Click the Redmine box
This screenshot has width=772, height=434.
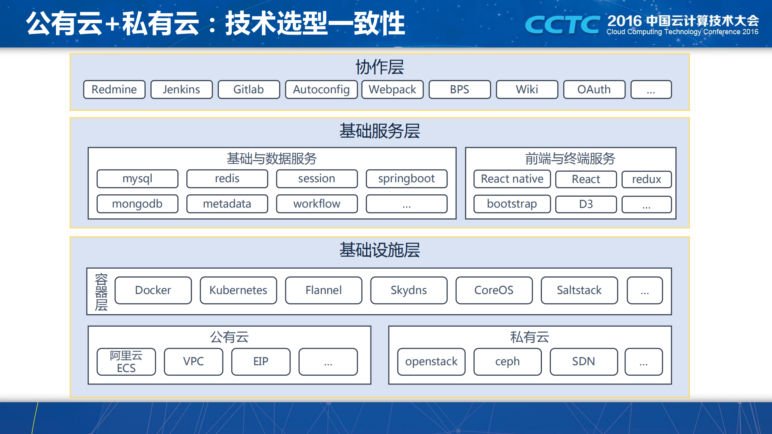pos(114,89)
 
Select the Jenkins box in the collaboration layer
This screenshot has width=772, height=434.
pos(181,89)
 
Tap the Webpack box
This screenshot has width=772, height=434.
pos(392,89)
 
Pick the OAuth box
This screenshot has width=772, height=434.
pos(594,89)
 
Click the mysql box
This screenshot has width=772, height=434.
pos(137,179)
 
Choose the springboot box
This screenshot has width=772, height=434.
pos(406,179)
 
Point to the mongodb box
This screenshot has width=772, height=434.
pos(137,204)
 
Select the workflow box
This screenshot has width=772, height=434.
pos(317,204)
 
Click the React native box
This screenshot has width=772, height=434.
pos(512,179)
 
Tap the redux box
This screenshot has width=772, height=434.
pos(646,179)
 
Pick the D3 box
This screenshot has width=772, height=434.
pos(586,204)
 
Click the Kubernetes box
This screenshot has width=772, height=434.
pos(238,290)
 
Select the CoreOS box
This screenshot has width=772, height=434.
pos(494,290)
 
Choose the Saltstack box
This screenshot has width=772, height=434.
pos(579,290)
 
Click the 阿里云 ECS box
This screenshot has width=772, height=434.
pos(126,362)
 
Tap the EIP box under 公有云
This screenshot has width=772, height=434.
pos(261,362)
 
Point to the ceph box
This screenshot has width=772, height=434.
pos(507,362)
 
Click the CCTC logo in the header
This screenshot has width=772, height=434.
pos(562,25)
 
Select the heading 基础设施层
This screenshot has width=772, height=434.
pos(379,250)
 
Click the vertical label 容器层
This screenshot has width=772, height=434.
pos(101,292)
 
